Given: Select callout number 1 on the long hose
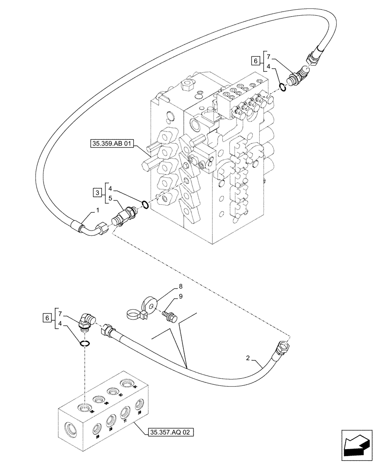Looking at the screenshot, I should [x=98, y=210].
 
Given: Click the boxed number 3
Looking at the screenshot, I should [x=97, y=192].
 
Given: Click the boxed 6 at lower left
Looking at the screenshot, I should [x=46, y=318].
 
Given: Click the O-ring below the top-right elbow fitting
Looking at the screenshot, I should [x=283, y=87].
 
